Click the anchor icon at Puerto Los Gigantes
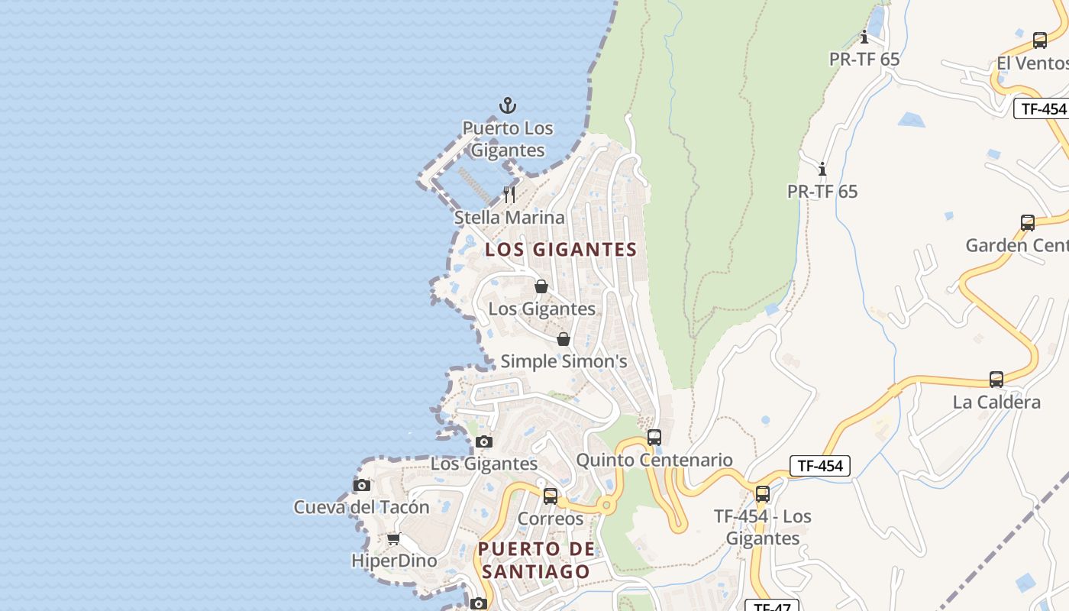click(x=508, y=105)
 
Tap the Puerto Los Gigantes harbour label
click(x=508, y=139)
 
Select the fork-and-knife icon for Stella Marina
click(x=509, y=195)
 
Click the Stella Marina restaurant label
click(x=509, y=218)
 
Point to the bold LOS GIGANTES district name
click(x=561, y=250)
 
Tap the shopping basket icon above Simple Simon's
click(x=564, y=339)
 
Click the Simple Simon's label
click(x=564, y=361)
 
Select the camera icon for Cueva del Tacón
click(x=362, y=485)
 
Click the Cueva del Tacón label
click(x=362, y=507)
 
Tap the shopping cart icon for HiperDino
click(x=394, y=539)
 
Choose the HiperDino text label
click(x=394, y=561)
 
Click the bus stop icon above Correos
click(x=551, y=496)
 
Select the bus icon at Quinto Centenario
click(x=654, y=438)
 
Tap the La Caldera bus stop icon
click(x=996, y=380)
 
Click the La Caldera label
click(x=996, y=402)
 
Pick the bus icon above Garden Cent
click(x=1028, y=223)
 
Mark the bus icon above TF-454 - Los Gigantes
click(x=762, y=494)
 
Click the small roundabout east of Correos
click(x=607, y=505)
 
